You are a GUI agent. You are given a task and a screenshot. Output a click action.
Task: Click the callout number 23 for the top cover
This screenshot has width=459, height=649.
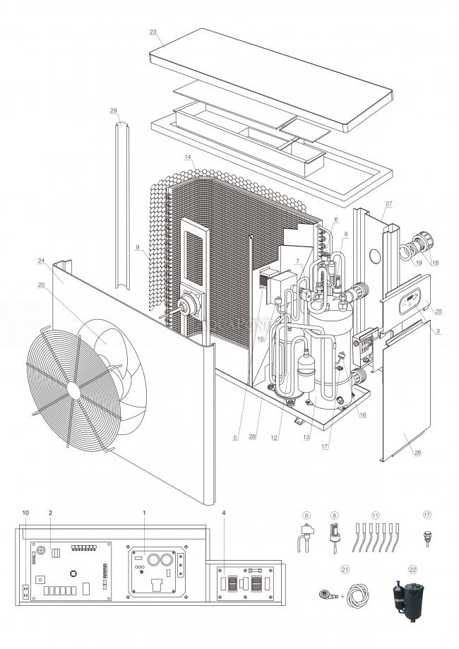click(153, 32)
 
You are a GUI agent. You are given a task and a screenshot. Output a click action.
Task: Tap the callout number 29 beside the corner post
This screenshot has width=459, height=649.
click(113, 111)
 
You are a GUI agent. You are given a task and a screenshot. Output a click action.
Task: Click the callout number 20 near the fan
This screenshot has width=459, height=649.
click(42, 285)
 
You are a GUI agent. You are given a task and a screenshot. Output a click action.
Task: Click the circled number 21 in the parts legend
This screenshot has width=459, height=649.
click(345, 568)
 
